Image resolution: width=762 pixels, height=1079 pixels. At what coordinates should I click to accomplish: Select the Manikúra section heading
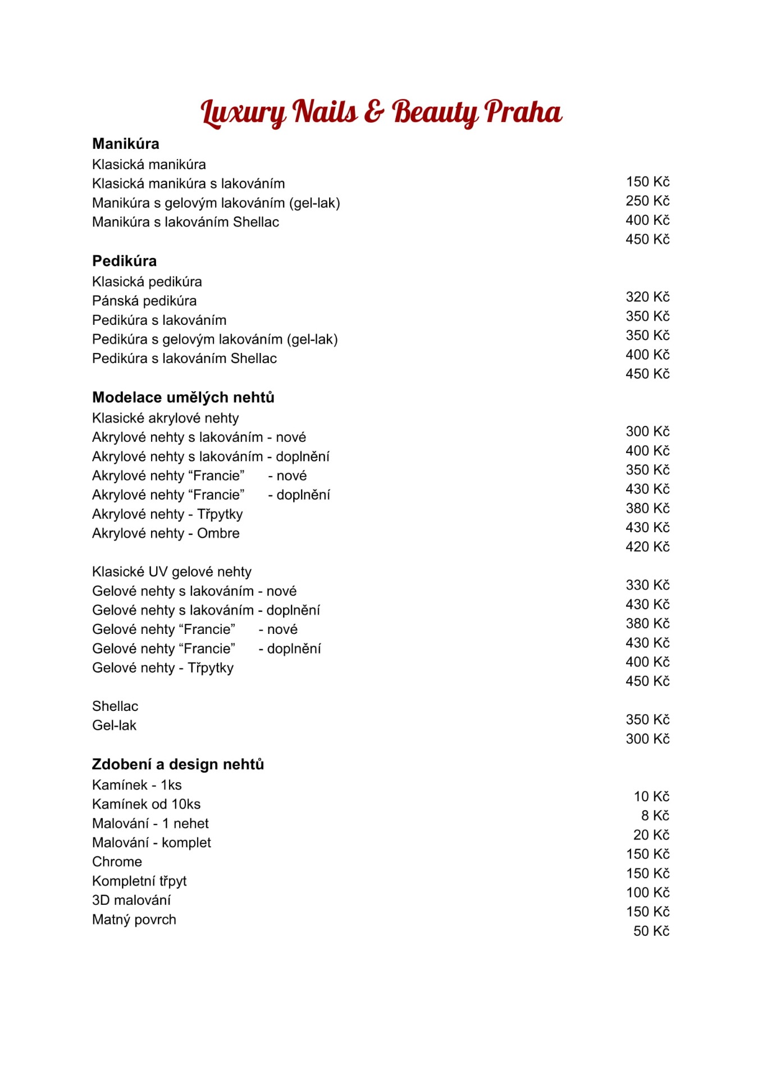[126, 144]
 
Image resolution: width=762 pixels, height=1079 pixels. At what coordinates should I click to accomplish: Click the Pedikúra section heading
[124, 261]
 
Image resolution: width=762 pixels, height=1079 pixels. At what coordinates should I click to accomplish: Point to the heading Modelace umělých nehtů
[183, 397]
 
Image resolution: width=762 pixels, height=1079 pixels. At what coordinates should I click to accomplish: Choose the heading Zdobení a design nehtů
[178, 764]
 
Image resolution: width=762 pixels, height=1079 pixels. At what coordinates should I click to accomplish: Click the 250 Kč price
[647, 201]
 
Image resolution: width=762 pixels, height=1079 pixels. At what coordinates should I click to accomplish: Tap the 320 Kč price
[647, 297]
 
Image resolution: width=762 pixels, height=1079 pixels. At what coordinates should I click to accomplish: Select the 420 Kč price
[647, 547]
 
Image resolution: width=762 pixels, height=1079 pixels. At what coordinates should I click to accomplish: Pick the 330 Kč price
[647, 585]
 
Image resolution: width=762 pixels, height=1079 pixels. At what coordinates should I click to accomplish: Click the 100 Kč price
[647, 892]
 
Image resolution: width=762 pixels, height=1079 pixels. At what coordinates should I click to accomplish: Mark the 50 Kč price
[651, 931]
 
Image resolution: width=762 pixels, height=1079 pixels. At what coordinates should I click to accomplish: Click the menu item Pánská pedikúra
[144, 301]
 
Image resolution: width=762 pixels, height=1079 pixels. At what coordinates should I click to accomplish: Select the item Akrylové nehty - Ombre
[166, 533]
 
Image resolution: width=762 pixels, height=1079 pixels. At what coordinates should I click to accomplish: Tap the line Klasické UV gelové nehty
[172, 572]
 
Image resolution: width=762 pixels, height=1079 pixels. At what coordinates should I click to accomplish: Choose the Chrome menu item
[117, 862]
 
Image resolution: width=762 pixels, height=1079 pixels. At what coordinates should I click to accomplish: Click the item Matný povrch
[134, 919]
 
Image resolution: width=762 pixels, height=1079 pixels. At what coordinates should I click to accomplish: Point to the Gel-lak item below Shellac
[114, 726]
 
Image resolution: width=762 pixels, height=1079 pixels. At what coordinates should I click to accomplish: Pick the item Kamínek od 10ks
[146, 804]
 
